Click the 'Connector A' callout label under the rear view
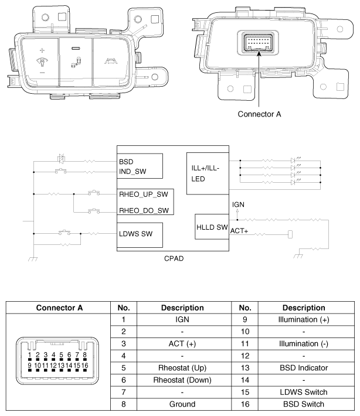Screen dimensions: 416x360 click(x=259, y=114)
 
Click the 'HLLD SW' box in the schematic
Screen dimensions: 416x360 click(x=212, y=227)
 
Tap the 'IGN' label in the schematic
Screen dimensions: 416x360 click(x=238, y=204)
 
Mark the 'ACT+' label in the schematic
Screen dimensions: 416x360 click(x=239, y=231)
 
